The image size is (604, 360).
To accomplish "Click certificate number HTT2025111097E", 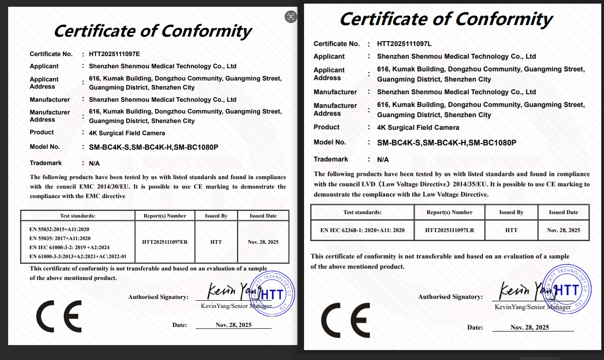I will [114, 54].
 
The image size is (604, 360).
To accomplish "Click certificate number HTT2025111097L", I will [404, 44].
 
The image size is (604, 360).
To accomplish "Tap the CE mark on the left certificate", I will [59, 316].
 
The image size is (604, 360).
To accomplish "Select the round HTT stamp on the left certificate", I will [271, 294].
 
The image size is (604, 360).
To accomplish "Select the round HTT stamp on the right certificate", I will [566, 289].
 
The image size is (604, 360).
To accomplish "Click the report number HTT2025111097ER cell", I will [165, 242].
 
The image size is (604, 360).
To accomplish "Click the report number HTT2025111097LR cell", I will [449, 230].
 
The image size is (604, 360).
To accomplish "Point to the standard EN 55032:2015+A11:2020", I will [60, 229].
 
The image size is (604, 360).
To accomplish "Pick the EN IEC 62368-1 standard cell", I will [362, 230].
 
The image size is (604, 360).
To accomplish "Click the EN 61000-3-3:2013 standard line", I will [78, 256].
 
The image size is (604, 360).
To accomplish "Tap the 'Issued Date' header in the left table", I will [263, 216].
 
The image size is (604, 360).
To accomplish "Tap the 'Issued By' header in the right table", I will [511, 212].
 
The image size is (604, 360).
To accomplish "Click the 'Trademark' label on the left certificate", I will [46, 163].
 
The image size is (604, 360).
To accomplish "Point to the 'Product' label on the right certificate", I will [327, 127].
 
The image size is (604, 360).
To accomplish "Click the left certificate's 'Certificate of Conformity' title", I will [152, 31].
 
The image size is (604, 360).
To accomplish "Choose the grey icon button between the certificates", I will [290, 17].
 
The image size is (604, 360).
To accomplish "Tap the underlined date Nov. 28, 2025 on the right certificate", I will [529, 327].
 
